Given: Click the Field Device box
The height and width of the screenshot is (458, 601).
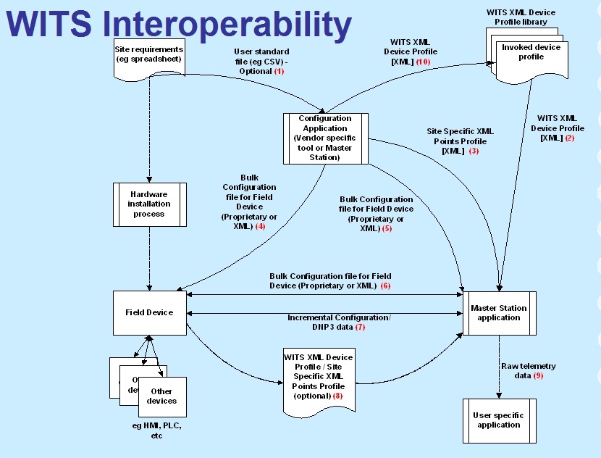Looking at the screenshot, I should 149,312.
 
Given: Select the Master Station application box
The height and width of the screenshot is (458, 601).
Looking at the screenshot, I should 499,313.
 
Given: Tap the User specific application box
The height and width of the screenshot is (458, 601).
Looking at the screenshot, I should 499,420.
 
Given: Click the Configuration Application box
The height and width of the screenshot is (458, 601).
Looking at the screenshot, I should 325,138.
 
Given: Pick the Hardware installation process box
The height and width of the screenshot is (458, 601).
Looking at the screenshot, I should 150,204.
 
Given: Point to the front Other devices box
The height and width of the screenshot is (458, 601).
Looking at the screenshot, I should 161,396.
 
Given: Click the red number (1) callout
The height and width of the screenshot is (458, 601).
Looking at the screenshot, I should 279,71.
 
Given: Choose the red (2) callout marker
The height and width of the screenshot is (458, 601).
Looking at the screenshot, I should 569,138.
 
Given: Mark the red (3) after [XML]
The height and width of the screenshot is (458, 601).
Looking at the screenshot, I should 474,151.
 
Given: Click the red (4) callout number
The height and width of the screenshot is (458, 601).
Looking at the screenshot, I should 260,226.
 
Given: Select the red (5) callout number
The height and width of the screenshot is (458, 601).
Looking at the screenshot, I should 387,228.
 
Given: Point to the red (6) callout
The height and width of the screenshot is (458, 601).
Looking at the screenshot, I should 385,286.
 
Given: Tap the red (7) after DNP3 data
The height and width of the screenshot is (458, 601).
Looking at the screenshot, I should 360,327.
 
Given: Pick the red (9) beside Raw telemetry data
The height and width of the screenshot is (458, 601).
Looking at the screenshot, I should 537,375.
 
